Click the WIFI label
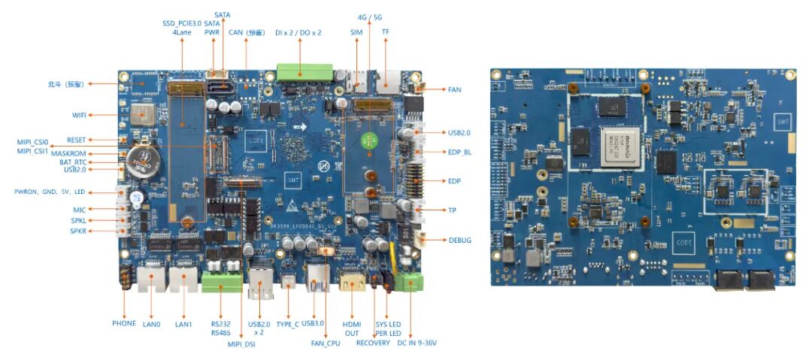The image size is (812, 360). click(79, 114)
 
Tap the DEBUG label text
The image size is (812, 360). click(460, 240)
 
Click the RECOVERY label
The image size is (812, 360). click(373, 343)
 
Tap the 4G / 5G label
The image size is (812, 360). click(371, 17)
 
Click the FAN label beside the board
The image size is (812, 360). click(454, 89)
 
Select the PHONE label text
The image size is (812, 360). click(124, 323)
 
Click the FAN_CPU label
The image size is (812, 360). click(326, 343)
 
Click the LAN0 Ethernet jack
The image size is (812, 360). click(155, 283)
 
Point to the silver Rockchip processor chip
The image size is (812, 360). click(616, 142)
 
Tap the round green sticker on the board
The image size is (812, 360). click(368, 139)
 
